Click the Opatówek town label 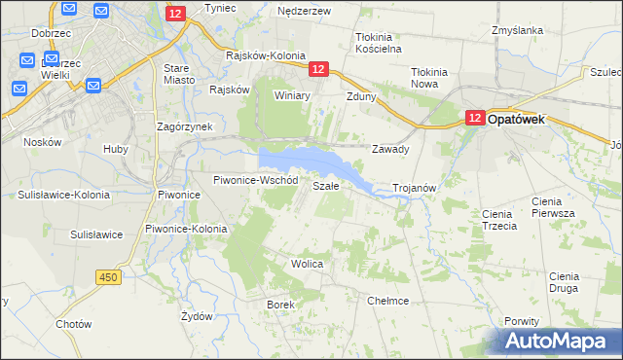(x=516, y=118)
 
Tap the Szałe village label (x=325, y=185)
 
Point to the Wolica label (x=307, y=264)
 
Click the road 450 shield (x=109, y=277)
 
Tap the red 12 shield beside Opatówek (x=473, y=118)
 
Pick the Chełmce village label (x=387, y=301)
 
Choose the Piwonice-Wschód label (x=255, y=181)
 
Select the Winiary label (x=291, y=96)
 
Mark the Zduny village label (x=361, y=96)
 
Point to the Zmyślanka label (x=517, y=30)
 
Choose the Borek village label (x=280, y=305)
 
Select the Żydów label (x=198, y=317)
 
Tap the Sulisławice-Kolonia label (x=63, y=195)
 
